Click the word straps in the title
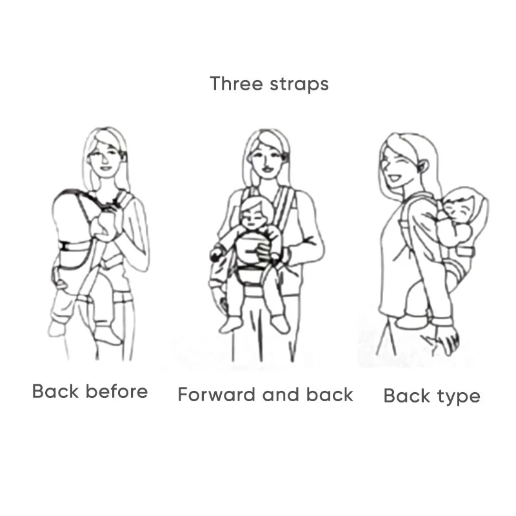pyautogui.click(x=299, y=84)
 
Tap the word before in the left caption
pyautogui.click(x=119, y=391)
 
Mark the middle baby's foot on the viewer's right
pyautogui.click(x=279, y=322)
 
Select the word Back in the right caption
pyautogui.click(x=406, y=395)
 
